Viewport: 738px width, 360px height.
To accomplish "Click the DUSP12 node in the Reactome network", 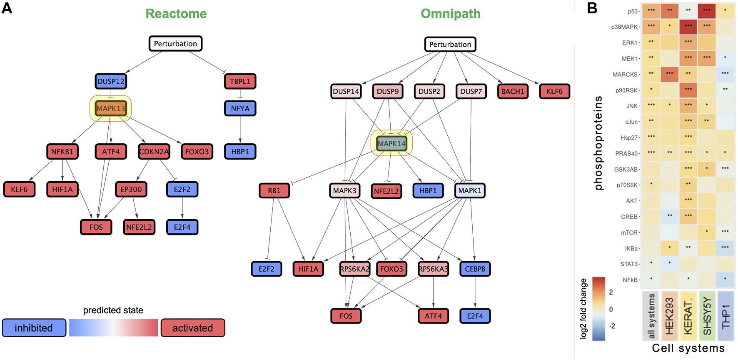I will click(x=111, y=81).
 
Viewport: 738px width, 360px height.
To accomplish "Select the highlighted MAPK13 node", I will click(x=111, y=108).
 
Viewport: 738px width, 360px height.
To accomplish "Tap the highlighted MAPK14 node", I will click(x=391, y=143).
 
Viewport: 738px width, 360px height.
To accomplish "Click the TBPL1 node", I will click(x=240, y=81).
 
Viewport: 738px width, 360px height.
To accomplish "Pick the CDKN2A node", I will click(x=154, y=152).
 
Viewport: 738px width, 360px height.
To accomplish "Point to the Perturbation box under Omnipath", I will click(x=450, y=44).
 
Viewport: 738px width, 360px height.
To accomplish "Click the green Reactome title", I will click(x=176, y=14).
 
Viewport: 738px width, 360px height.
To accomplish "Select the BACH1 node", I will click(x=512, y=91).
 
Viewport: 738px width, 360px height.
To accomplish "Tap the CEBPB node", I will click(x=475, y=269).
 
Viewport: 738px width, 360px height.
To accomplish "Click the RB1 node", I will click(x=274, y=190).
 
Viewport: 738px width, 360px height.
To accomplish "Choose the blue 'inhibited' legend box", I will click(x=34, y=328).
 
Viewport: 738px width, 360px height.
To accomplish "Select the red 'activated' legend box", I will click(x=192, y=328).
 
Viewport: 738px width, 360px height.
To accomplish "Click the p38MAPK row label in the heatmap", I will click(x=624, y=27).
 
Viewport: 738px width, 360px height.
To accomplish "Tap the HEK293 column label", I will click(x=669, y=315).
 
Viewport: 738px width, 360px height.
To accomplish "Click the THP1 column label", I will click(x=725, y=315).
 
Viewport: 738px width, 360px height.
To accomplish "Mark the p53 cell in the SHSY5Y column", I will click(x=706, y=11).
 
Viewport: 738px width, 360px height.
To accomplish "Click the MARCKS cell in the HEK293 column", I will click(x=669, y=74).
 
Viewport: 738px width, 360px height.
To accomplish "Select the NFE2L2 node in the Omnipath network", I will click(x=386, y=191).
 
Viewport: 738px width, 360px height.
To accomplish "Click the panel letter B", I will click(x=592, y=8).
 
